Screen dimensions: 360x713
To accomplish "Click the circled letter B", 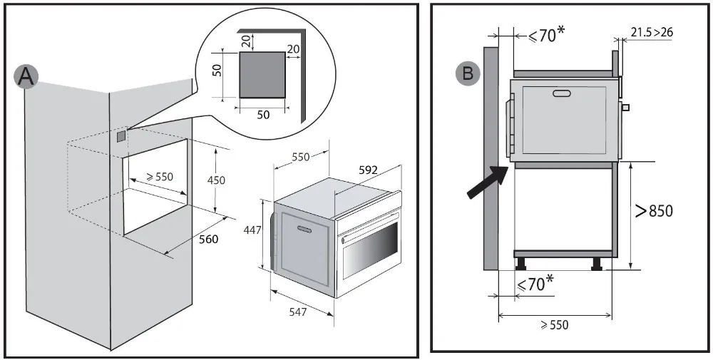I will pos(468,72).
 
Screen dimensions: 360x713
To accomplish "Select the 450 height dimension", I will pos(215,180).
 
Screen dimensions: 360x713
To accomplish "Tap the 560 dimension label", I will pos(208,240).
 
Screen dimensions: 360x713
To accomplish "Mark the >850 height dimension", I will pos(654,211).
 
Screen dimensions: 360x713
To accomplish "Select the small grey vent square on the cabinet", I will pos(121,133).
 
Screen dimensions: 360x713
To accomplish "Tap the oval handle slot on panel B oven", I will pos(563,93).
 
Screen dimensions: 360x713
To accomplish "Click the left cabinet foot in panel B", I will pos(523,263).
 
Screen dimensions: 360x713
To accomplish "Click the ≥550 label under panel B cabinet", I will pos(553,325).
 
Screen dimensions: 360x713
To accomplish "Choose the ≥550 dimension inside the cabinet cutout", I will pos(158,176).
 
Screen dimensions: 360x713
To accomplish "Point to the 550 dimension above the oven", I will pos(300,157).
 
